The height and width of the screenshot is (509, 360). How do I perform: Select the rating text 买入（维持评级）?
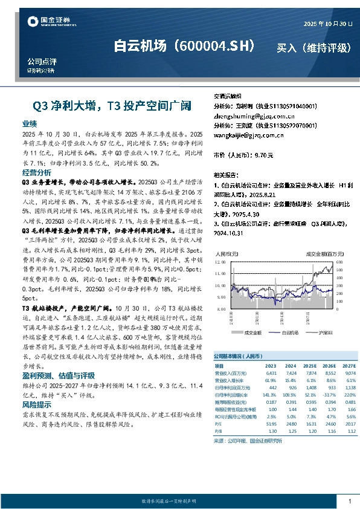[x=313, y=48]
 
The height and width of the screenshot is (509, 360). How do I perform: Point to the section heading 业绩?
[x=30, y=123]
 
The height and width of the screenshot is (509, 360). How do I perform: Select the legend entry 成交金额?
[x=251, y=332]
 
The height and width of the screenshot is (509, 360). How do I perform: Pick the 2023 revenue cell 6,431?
[x=271, y=373]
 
